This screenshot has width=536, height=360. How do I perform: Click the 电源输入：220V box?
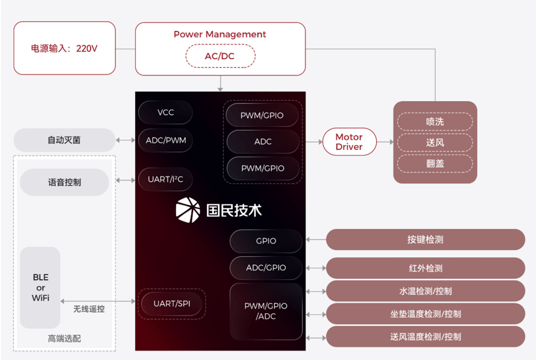pos(64,48)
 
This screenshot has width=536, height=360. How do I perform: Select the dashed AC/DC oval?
pos(220,56)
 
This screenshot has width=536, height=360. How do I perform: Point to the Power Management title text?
pos(220,34)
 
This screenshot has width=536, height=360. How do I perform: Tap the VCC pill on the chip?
pos(165,112)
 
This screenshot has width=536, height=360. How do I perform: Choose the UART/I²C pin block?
pos(165,179)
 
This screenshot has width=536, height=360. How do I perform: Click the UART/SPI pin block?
pos(172,304)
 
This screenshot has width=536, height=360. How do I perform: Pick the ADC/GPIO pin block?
pos(266,268)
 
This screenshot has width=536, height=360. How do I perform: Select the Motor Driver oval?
pos(349,142)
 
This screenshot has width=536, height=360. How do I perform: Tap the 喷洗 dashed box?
pos(435,122)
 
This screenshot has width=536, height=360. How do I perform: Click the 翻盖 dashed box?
pos(435,164)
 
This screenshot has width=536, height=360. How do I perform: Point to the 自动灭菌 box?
pos(64,140)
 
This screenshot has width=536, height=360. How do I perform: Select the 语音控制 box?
pos(64,182)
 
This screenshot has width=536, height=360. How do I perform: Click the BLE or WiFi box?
pos(40,287)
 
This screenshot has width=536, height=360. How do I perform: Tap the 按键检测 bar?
pos(425,240)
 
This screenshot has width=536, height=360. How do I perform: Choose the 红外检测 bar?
pos(425,268)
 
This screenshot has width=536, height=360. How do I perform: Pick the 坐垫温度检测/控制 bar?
pos(425,314)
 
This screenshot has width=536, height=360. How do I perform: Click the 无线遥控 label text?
pos(89,309)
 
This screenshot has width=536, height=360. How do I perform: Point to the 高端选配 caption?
pos(64,339)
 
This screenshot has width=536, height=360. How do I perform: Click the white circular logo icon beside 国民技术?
pos(188,210)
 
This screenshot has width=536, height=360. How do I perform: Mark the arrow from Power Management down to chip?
pos(220,84)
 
